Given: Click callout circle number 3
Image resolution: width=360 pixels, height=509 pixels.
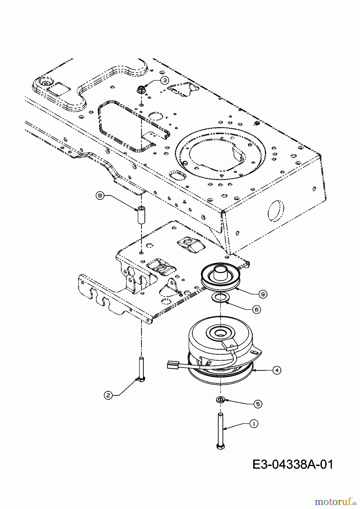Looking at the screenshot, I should point(165,80).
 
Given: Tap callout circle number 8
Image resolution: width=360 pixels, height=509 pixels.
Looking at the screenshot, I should point(100,195).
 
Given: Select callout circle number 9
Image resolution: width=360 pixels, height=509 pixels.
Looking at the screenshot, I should point(263,294).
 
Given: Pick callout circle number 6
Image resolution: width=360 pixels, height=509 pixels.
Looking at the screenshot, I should point(257,310).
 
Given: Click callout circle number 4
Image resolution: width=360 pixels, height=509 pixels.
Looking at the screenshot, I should point(277,370).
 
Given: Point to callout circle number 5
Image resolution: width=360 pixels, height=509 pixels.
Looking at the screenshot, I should point(258,404).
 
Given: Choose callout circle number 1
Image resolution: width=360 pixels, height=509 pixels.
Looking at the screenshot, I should point(254,424).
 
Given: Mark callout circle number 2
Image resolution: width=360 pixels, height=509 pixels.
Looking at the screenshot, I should point(108,395).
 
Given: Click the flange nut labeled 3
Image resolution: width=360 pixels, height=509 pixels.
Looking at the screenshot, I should point(141,90).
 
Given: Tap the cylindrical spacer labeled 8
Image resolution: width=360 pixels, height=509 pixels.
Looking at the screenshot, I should point(141,215).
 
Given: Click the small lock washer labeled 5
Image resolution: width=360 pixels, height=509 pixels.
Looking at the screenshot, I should point(220,400).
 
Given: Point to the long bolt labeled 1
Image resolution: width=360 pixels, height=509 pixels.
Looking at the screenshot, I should point(220,431).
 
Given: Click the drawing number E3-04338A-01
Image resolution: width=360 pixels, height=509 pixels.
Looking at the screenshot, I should point(293,464).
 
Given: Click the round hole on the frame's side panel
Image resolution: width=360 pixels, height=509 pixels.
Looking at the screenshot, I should point(275,210).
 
